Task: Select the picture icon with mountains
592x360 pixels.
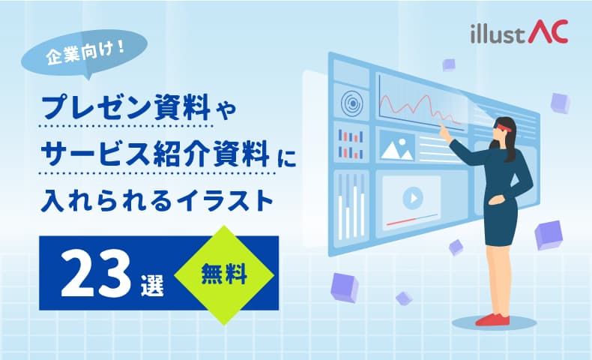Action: [397, 148]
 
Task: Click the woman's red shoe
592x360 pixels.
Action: [495, 319]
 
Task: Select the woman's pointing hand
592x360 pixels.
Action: [443, 130]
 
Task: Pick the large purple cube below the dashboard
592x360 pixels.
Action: [345, 286]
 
